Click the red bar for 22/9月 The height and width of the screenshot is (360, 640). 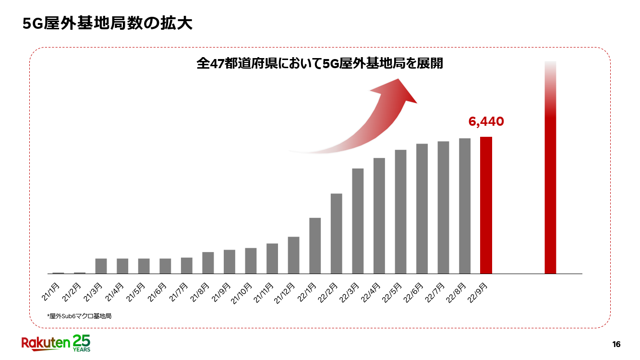coord(486,205)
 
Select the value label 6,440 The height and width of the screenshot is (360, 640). coord(486,122)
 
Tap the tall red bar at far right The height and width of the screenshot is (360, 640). coord(550,192)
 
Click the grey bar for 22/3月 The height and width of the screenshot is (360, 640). coord(358,221)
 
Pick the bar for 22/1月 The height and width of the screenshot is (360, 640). coord(315,245)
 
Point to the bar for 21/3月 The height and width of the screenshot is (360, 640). coord(101,266)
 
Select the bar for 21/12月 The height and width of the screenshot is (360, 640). coord(293,255)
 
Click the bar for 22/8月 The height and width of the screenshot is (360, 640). coord(465,206)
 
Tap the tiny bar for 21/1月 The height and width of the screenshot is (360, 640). coord(58,273)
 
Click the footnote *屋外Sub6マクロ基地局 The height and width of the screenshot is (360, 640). coord(79,316)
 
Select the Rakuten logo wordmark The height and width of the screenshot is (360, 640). coord(46,342)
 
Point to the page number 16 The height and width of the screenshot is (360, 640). coord(616,344)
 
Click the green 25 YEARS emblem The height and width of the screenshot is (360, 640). coord(81,342)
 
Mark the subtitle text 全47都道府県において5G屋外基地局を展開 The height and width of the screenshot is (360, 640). coord(320,64)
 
